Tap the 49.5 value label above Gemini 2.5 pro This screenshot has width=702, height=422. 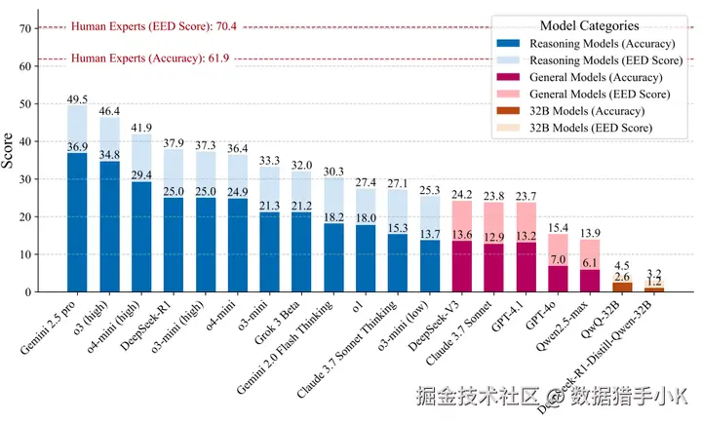[x=76, y=99]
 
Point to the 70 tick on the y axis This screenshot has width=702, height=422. [x=26, y=28]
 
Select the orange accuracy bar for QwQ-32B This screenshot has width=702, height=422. [x=622, y=287]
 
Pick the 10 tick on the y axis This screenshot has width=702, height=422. [x=26, y=254]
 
